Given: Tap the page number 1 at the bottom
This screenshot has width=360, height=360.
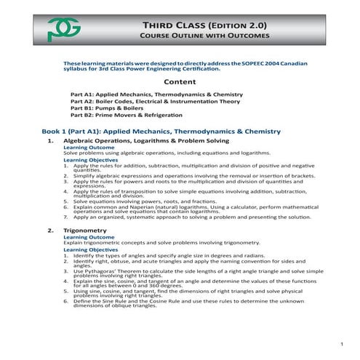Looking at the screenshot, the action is click(341, 343).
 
